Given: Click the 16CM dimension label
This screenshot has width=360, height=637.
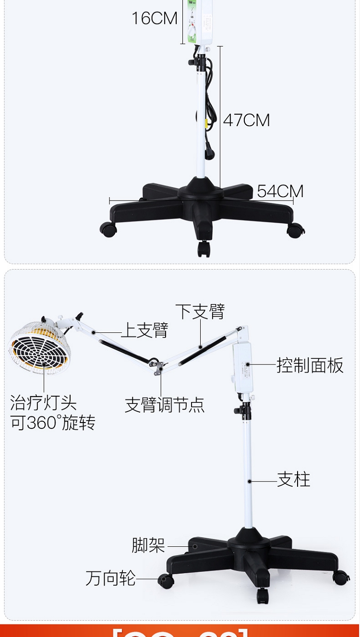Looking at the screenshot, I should [155, 18].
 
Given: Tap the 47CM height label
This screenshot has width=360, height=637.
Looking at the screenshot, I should [246, 120].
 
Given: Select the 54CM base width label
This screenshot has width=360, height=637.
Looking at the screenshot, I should [280, 191].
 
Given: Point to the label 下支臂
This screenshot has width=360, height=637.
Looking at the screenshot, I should [200, 311].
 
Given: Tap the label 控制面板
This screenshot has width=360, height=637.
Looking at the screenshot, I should [310, 366].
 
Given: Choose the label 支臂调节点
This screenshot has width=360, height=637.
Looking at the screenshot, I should [165, 405].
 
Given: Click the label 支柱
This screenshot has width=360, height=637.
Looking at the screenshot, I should [294, 480].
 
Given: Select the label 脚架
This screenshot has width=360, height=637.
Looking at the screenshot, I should [148, 545].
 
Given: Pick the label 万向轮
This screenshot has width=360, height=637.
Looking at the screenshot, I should [110, 578].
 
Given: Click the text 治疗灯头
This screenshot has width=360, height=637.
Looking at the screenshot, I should [43, 402].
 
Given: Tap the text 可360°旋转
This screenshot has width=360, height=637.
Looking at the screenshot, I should [53, 423].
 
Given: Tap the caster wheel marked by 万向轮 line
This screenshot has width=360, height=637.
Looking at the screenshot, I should [166, 581].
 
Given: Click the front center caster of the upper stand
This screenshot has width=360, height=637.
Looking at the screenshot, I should [204, 248].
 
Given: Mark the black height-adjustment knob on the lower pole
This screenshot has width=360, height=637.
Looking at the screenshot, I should [239, 411].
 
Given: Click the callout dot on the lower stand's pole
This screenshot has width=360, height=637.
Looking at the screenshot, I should [250, 481].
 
